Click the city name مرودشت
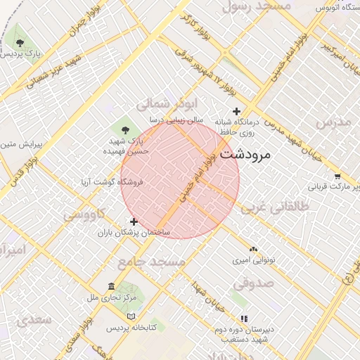point(245,155)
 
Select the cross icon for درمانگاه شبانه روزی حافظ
point(237,111)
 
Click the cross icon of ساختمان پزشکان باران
point(134,221)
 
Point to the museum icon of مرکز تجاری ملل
point(111,286)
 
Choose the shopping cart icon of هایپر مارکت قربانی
point(337,176)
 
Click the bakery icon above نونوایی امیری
point(254,249)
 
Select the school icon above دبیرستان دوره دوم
point(244,318)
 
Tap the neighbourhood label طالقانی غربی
point(275,207)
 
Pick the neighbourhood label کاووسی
point(84,214)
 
